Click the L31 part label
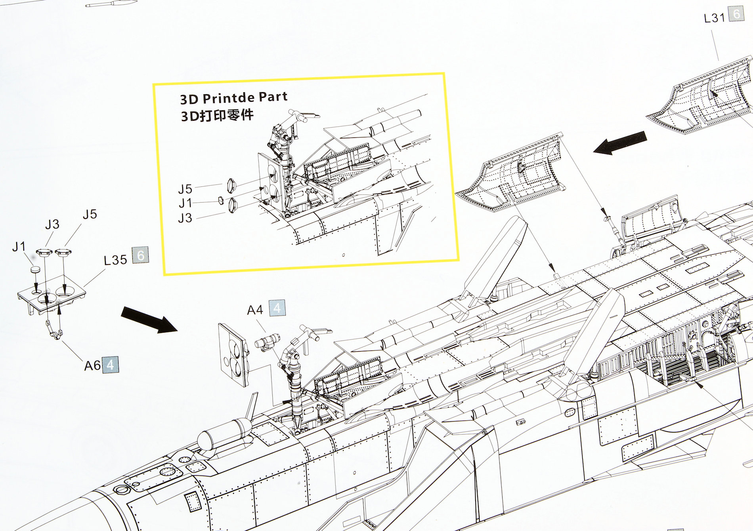714,18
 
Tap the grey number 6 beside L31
736,15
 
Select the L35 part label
115,260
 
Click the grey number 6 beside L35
140,255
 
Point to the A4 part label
255,310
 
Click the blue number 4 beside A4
277,308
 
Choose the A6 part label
92,365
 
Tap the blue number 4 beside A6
110,364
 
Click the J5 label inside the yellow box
185,188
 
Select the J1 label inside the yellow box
185,203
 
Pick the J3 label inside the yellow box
185,218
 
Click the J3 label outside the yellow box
52,225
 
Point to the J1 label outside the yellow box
19,247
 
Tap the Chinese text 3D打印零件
217,116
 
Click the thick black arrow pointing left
620,143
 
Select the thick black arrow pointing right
149,319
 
